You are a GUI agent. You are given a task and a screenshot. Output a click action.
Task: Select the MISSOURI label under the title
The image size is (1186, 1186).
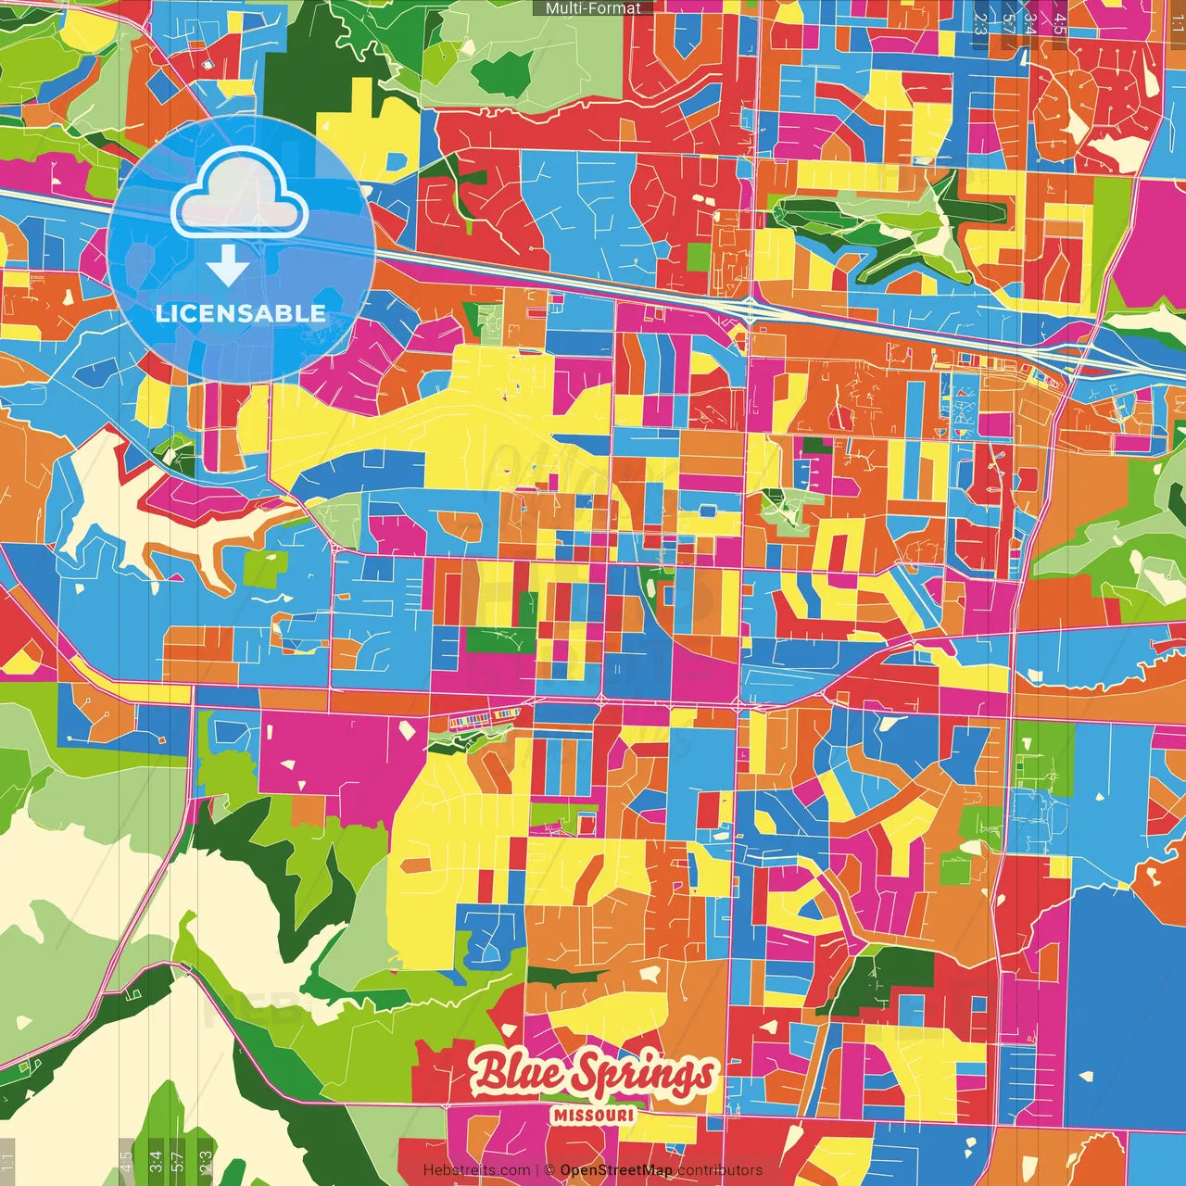pyautogui.click(x=593, y=1115)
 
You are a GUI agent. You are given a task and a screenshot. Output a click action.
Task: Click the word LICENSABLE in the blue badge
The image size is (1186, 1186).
pyautogui.click(x=241, y=313)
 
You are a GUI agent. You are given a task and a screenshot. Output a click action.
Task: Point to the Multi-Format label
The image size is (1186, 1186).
pyautogui.click(x=593, y=8)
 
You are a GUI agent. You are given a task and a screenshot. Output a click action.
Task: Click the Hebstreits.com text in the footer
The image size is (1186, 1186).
pyautogui.click(x=476, y=1170)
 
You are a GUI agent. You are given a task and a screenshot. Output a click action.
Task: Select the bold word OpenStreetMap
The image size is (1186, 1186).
pyautogui.click(x=616, y=1170)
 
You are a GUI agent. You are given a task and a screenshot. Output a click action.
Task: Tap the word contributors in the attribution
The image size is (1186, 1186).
pyautogui.click(x=720, y=1170)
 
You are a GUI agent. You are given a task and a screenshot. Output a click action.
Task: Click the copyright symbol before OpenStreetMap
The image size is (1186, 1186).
pyautogui.click(x=549, y=1170)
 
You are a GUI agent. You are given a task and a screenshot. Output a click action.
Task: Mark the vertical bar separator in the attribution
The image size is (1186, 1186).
pyautogui.click(x=537, y=1170)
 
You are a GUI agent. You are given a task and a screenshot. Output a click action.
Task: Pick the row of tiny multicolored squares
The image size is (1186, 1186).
pyautogui.click(x=484, y=716)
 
